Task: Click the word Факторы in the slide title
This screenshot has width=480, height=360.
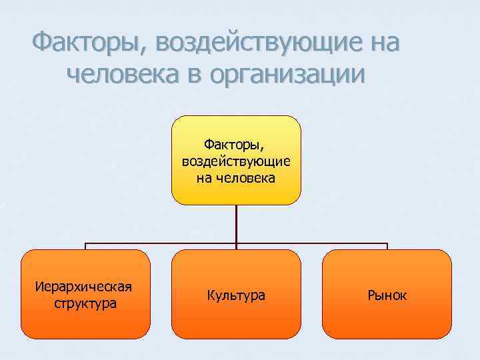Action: click(x=86, y=43)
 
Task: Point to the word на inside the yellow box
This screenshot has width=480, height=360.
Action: click(x=205, y=178)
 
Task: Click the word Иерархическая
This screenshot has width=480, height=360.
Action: click(x=85, y=287)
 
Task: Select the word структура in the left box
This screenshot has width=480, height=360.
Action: click(x=85, y=304)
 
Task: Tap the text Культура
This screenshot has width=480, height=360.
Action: click(x=236, y=295)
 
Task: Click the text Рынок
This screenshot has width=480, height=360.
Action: click(x=387, y=295)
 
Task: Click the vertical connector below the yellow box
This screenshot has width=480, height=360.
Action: click(x=236, y=223)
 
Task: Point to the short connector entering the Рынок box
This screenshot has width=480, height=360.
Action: click(x=387, y=246)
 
